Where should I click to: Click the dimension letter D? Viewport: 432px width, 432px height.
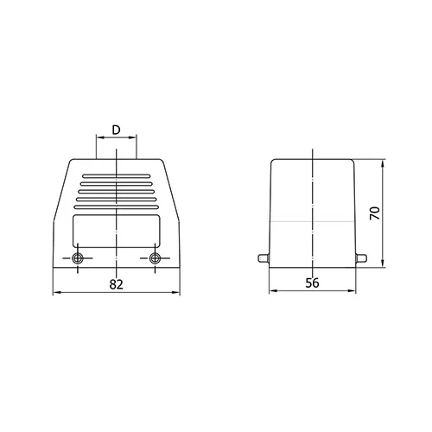click(116, 130)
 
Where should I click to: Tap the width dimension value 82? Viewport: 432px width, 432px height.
click(117, 284)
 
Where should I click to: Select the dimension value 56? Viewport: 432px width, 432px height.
click(313, 283)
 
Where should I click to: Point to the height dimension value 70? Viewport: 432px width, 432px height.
click(375, 213)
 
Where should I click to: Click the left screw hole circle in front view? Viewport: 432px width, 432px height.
click(78, 258)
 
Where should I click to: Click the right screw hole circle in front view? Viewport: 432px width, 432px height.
click(156, 258)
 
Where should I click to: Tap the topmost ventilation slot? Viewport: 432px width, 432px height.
click(117, 176)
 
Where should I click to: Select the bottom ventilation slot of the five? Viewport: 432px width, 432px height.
click(117, 207)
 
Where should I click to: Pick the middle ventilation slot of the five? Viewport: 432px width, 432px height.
click(117, 192)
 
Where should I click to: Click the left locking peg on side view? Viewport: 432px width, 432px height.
click(264, 258)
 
